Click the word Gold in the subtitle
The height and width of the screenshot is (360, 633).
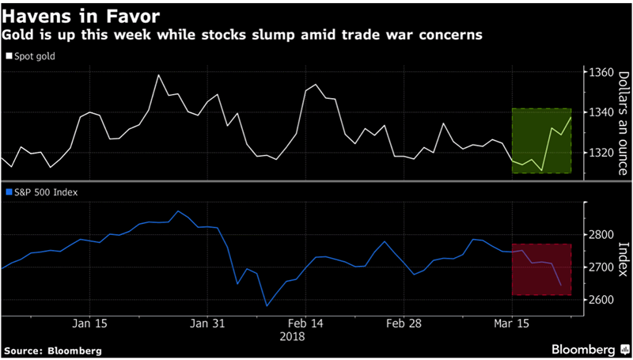17,36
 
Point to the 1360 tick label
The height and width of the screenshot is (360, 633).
601,73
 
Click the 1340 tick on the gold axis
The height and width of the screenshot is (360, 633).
601,112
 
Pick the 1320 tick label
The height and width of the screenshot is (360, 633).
601,152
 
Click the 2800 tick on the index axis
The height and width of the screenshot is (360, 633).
601,235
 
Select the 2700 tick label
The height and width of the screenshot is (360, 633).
601,267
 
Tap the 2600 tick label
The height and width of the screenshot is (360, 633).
601,300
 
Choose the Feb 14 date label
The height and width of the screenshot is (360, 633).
305,324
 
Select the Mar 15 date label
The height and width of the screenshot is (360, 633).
512,324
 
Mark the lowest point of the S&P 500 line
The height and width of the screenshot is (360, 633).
267,305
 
